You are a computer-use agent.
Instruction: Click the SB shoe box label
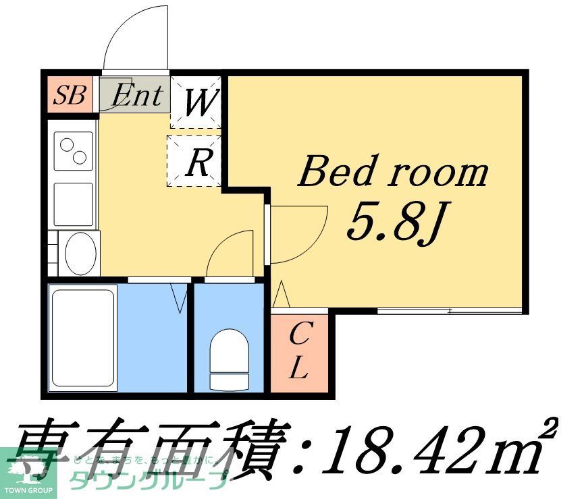point(70,95)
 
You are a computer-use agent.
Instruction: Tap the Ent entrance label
point(137,95)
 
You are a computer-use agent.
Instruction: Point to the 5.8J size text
point(394,220)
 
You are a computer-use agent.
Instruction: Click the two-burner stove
point(74,150)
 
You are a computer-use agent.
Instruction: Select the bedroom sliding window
point(448,310)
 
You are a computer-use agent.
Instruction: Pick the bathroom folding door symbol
point(180,297)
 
